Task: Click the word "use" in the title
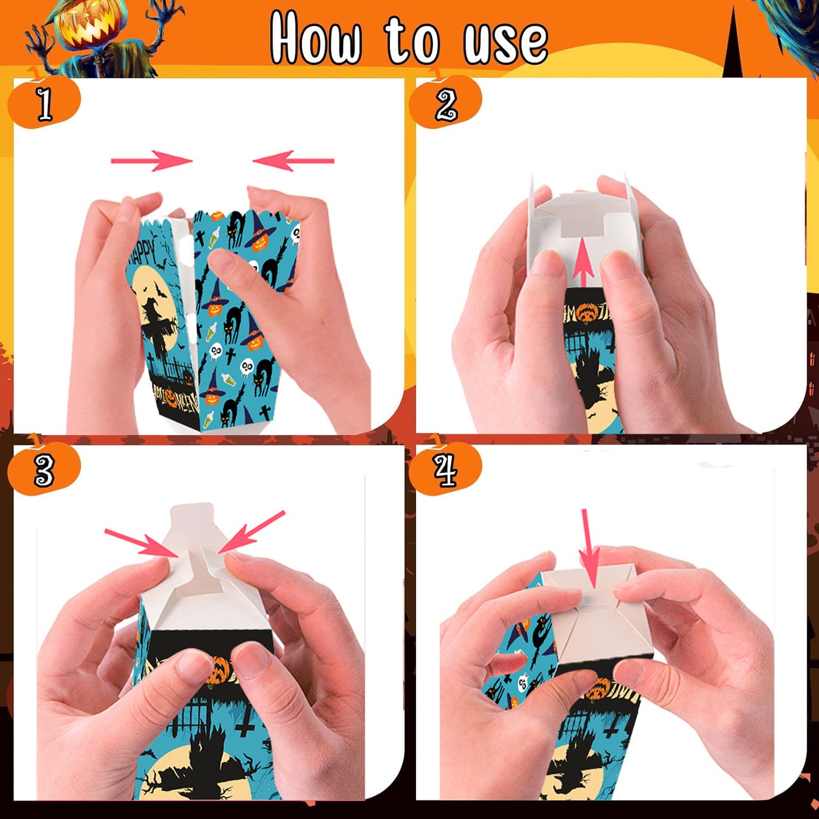coord(505,43)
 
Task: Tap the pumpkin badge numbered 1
coord(44,103)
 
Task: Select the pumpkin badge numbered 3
coord(44,469)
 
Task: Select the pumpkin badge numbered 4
coord(445,469)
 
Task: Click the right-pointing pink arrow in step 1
coord(152,161)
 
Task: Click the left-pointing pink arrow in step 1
coord(294,161)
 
